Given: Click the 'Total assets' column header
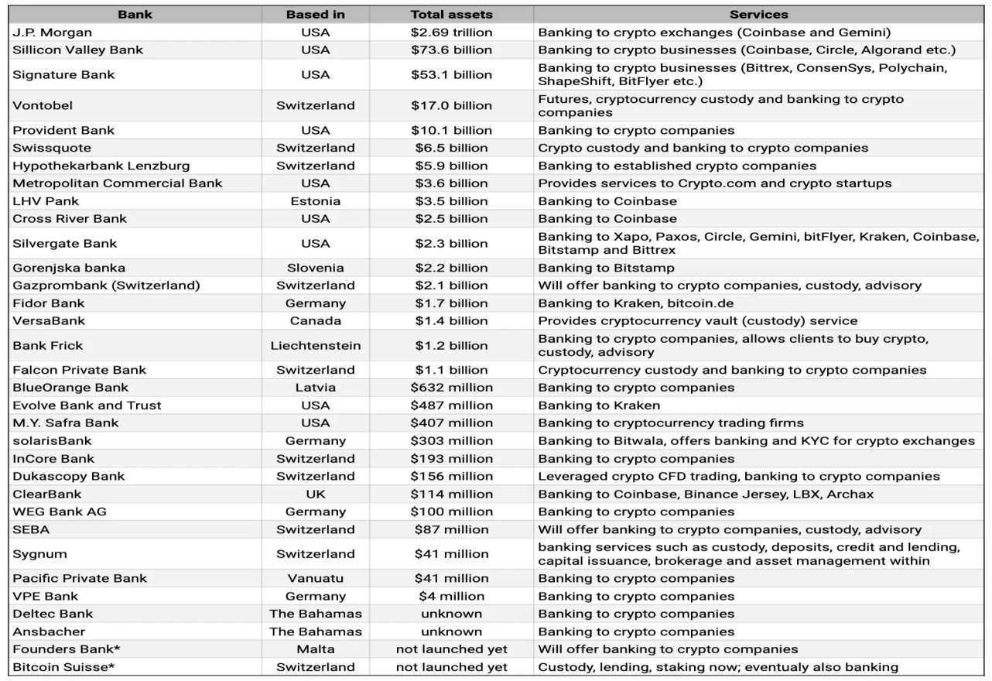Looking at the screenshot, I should pyautogui.click(x=451, y=15).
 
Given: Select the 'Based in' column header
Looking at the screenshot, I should pyautogui.click(x=315, y=15).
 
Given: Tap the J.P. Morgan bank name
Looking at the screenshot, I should pyautogui.click(x=52, y=33).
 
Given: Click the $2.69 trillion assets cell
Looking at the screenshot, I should pyautogui.click(x=451, y=33).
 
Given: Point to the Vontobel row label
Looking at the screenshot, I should pyautogui.click(x=43, y=105).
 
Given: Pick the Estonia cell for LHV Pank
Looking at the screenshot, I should pyautogui.click(x=315, y=201).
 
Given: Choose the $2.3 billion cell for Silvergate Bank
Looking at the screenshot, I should pyautogui.click(x=451, y=243).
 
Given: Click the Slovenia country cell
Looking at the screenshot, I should pyautogui.click(x=315, y=268).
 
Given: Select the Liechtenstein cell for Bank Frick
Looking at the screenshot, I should pyautogui.click(x=315, y=345).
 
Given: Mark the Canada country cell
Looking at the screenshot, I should pyautogui.click(x=315, y=320).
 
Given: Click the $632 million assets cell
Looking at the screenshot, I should pyautogui.click(x=451, y=388).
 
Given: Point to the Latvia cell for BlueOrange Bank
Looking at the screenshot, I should pyautogui.click(x=315, y=388).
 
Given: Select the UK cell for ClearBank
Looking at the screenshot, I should pyautogui.click(x=315, y=494).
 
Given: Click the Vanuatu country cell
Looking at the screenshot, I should pyautogui.click(x=315, y=578).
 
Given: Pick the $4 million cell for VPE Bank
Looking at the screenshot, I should pyautogui.click(x=451, y=596).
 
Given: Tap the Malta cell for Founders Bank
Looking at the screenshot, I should pyautogui.click(x=315, y=649).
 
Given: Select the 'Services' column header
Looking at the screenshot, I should pyautogui.click(x=758, y=15).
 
